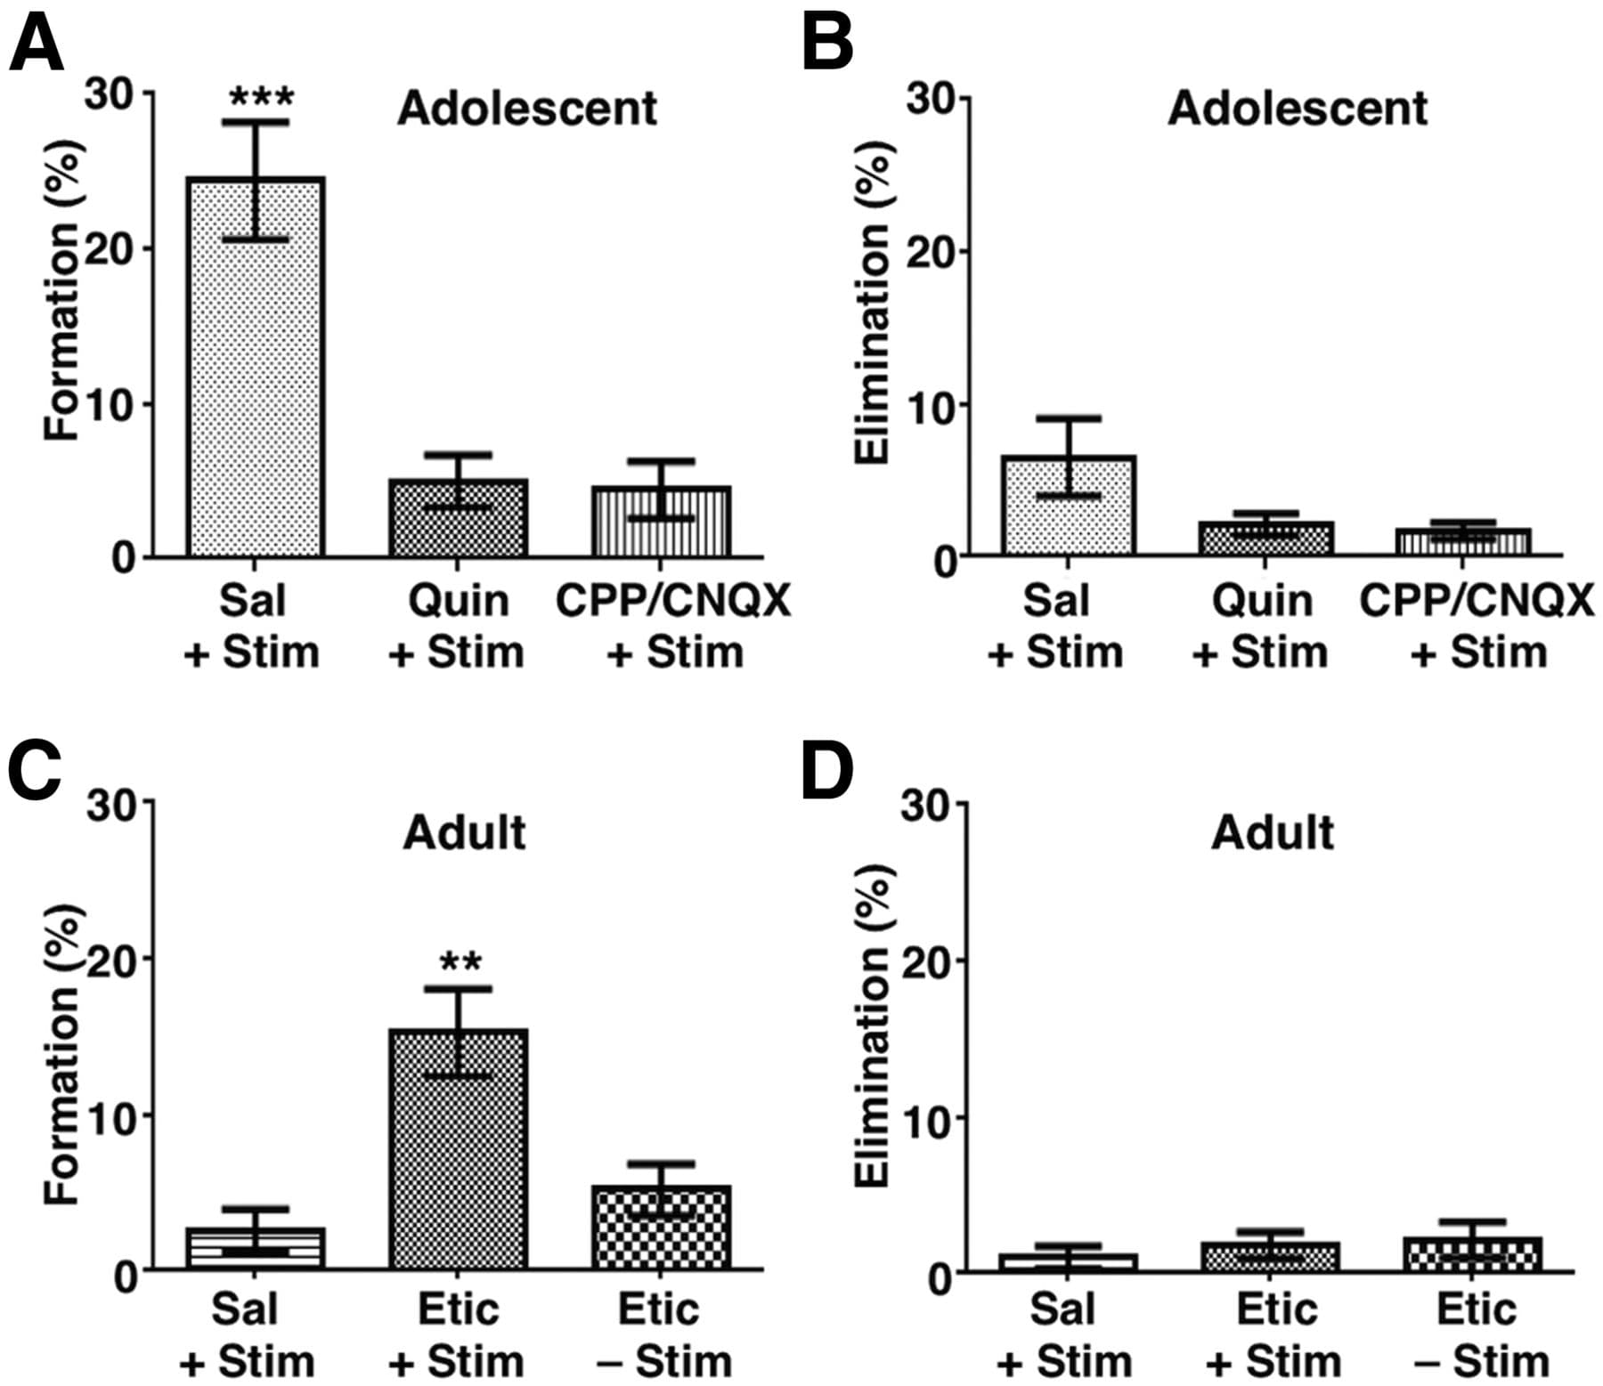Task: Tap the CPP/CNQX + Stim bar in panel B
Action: tap(1462, 542)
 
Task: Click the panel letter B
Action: tap(826, 45)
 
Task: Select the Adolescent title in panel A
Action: tap(526, 109)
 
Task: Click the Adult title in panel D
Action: tap(1272, 833)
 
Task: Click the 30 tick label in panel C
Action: tap(114, 805)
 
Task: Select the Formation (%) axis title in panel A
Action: tap(64, 289)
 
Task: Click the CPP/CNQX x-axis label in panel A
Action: tap(672, 601)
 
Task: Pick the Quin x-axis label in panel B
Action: tap(1262, 601)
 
